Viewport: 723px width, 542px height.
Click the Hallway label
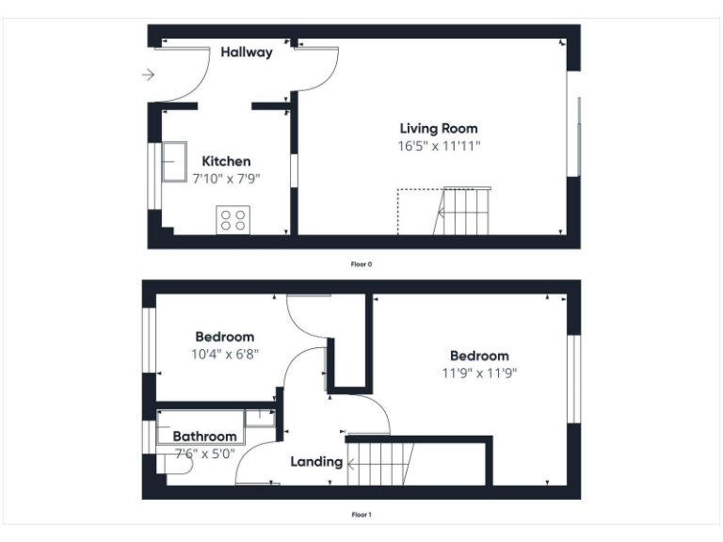[x=247, y=53]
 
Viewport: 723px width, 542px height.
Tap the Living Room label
[x=439, y=129]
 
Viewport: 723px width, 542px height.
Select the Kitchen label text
[x=226, y=162]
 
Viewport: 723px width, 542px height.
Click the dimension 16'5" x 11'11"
[x=439, y=146]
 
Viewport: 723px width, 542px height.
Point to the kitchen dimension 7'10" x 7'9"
[x=226, y=178]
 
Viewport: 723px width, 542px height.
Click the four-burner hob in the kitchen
[x=232, y=220]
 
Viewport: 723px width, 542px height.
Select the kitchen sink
[x=175, y=162]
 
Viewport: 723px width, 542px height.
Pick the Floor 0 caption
[x=361, y=264]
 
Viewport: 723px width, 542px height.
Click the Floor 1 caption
[x=361, y=515]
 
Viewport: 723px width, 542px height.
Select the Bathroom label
[x=204, y=437]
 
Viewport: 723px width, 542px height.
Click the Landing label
[x=315, y=462]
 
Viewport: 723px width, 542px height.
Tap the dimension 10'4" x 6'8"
[x=224, y=355]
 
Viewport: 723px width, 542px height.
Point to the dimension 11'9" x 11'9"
[x=478, y=373]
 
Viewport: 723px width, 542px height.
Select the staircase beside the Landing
[x=381, y=463]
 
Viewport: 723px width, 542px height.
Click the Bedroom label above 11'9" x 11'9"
[x=478, y=356]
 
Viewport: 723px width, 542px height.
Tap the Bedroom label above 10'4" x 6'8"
[x=224, y=337]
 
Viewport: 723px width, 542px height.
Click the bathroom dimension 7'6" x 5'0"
[x=204, y=454]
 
